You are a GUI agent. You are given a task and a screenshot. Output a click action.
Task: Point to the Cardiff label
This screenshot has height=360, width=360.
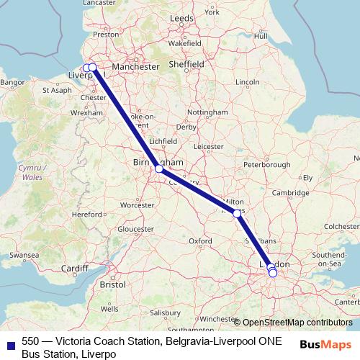click(75, 269)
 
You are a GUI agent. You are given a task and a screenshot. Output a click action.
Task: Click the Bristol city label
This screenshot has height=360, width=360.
click(112, 284)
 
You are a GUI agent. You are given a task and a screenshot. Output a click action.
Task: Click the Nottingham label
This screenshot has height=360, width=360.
click(207, 113)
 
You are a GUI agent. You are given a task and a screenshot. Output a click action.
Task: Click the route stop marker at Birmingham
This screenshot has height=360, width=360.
click(159, 170)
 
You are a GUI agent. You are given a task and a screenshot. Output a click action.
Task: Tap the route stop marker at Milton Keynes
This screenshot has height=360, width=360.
click(238, 213)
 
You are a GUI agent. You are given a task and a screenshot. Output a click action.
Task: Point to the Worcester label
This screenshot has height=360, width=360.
click(139, 205)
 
